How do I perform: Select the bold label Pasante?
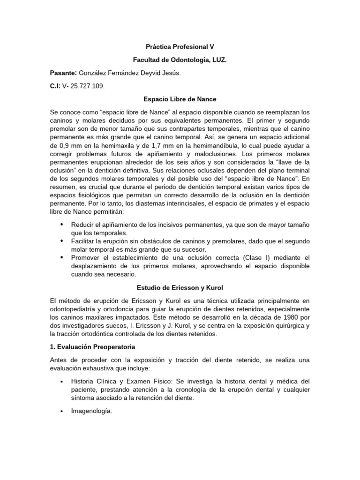(x=63, y=74)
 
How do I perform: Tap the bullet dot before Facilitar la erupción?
(x=62, y=241)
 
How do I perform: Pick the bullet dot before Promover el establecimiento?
(x=62, y=257)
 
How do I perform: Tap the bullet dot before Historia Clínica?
(x=62, y=382)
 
